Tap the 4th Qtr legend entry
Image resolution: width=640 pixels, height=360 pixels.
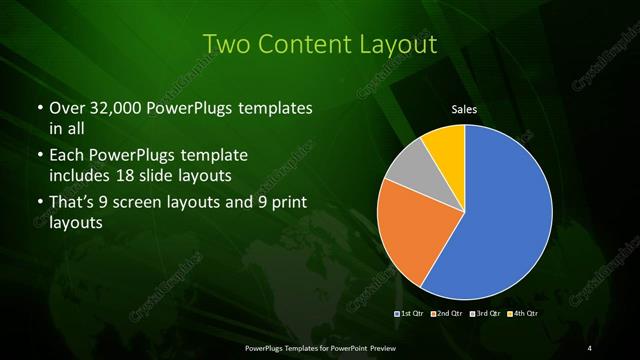pyautogui.click(x=522, y=314)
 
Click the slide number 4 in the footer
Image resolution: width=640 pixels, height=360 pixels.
pyautogui.click(x=590, y=347)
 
